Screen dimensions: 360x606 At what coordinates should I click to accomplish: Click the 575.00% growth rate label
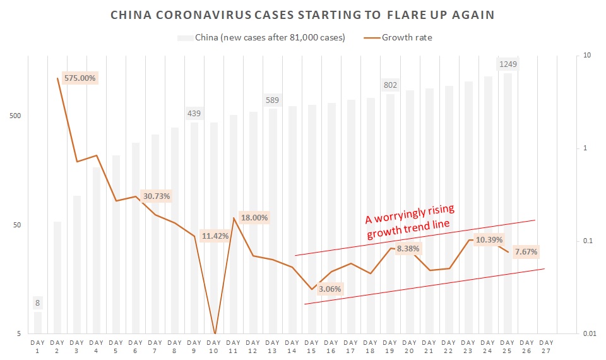[x=80, y=78]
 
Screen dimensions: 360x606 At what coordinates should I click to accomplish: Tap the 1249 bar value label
[x=508, y=64]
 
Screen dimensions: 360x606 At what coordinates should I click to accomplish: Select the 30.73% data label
[x=156, y=196]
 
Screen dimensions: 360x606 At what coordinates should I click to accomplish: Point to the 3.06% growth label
[x=330, y=289]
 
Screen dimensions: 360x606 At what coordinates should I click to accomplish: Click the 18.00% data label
[x=254, y=218]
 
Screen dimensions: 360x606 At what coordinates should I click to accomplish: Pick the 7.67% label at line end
[x=526, y=252]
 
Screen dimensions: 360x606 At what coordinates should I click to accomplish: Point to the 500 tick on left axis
[x=16, y=116]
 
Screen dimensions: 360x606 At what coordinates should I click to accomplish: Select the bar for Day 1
[x=38, y=322]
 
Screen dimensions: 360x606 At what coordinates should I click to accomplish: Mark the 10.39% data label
[x=489, y=240]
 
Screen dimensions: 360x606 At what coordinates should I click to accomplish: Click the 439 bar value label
[x=194, y=114]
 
